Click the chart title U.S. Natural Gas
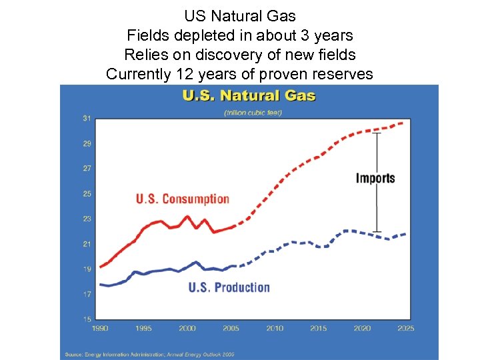(x=249, y=96)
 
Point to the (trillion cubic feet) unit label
(x=253, y=112)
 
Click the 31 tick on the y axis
(x=87, y=119)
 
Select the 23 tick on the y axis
(x=87, y=219)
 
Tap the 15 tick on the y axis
(x=87, y=319)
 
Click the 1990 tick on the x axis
(x=100, y=328)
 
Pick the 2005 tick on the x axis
(x=231, y=328)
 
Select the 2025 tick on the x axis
(x=405, y=328)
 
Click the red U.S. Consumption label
(x=182, y=199)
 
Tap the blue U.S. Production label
(x=229, y=287)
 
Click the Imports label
(x=375, y=178)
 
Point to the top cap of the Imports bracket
(x=377, y=133)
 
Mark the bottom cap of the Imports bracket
(x=377, y=231)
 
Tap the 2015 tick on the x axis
(x=318, y=328)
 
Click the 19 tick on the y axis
(x=87, y=269)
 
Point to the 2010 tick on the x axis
(x=275, y=328)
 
